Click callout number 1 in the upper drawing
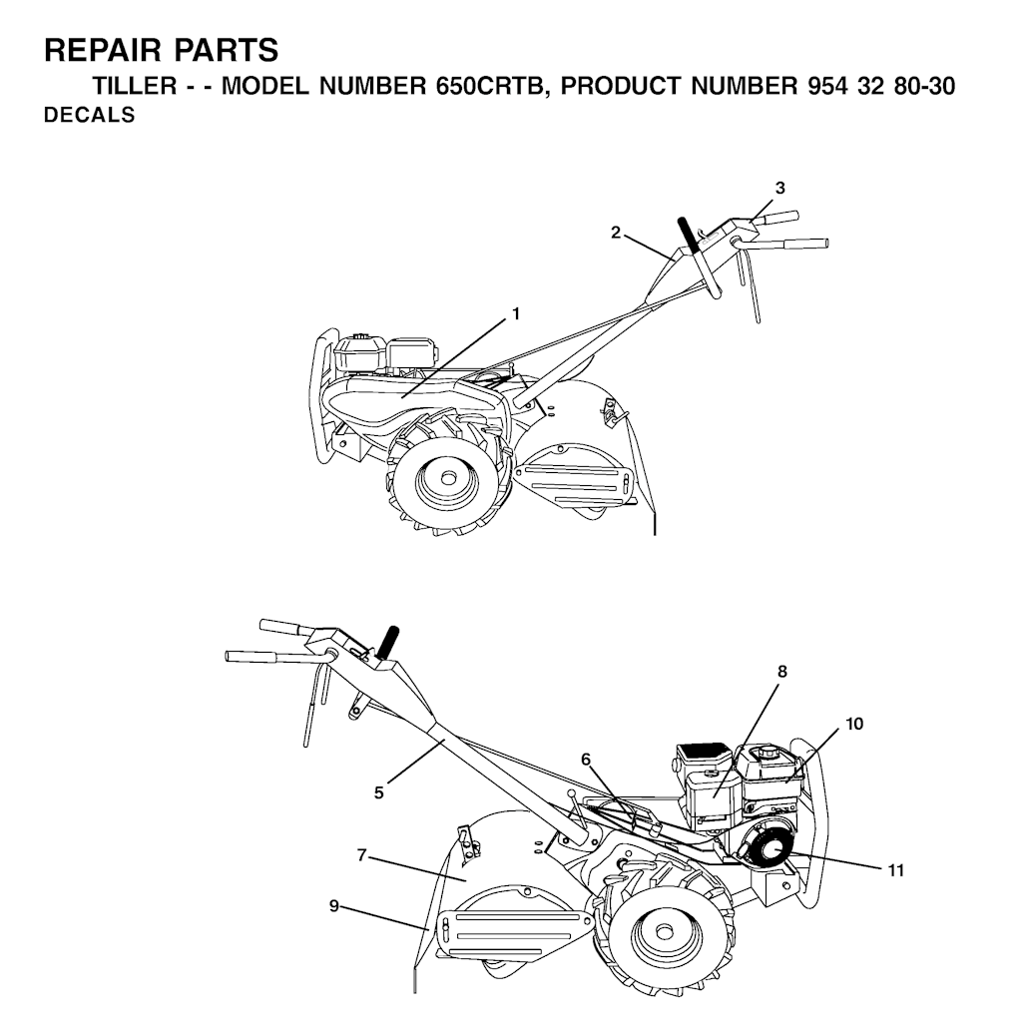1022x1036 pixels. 516,313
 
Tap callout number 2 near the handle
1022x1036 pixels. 616,233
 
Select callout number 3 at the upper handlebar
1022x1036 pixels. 780,188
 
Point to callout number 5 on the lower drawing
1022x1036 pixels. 379,792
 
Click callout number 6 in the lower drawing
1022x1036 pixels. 586,759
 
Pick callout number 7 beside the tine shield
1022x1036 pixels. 363,854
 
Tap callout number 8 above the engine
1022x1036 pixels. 782,672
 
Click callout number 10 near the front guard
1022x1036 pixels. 854,724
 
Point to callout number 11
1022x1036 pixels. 895,870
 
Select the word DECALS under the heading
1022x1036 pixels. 90,116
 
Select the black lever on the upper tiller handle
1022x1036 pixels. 688,235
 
